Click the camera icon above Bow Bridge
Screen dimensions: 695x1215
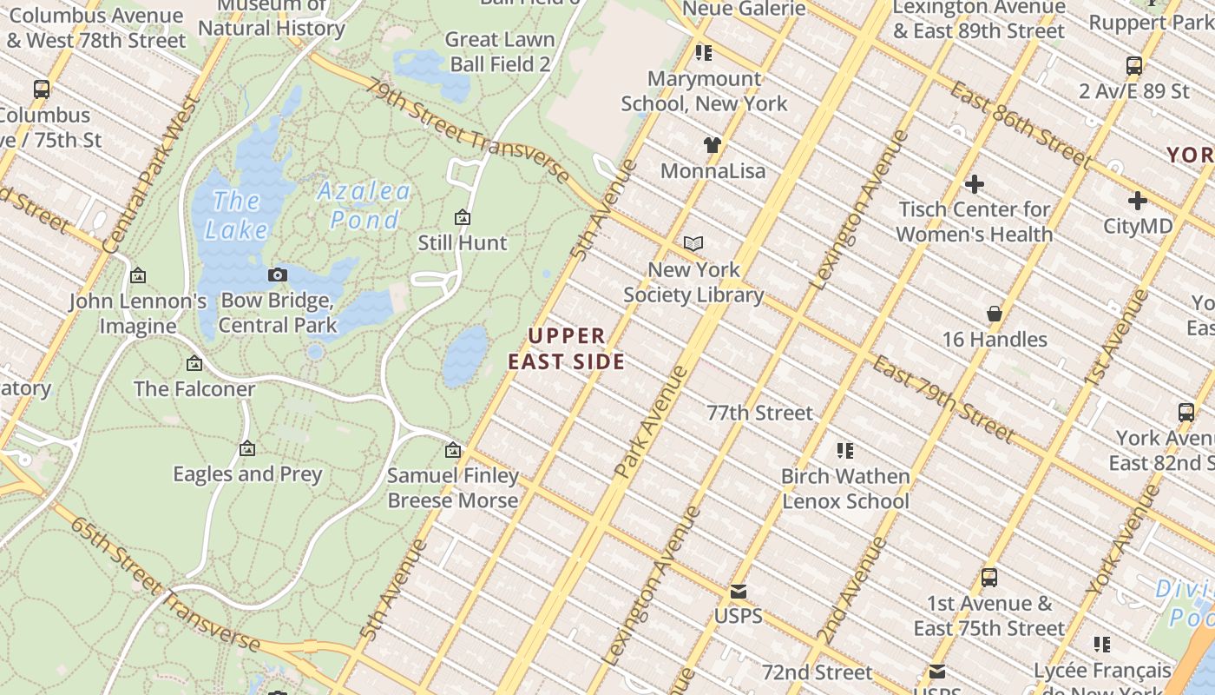(278, 275)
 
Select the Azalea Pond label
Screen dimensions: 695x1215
(364, 205)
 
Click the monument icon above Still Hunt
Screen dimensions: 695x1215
(463, 217)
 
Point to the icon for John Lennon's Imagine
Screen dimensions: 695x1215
(137, 276)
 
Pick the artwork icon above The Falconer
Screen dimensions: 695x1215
(194, 363)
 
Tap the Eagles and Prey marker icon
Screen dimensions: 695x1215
(247, 449)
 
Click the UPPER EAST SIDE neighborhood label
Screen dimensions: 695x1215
(567, 348)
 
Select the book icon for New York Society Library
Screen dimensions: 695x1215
(693, 244)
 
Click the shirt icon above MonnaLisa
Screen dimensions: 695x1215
(712, 145)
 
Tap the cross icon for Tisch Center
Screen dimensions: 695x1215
(975, 184)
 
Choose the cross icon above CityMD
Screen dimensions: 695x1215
(1137, 201)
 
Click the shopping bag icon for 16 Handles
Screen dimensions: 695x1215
(995, 314)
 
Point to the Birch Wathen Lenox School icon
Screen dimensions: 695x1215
(845, 451)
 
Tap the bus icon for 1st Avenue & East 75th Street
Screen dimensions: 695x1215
(988, 578)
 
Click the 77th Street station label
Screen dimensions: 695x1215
(759, 413)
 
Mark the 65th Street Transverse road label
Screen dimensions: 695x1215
(165, 585)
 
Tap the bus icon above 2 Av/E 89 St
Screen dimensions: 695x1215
(1133, 66)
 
